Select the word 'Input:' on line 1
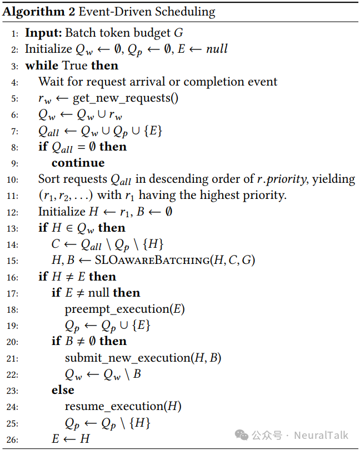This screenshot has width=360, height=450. pyautogui.click(x=42, y=33)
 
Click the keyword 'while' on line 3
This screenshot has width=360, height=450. pyautogui.click(x=42, y=66)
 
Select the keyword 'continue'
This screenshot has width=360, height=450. pyautogui.click(x=78, y=163)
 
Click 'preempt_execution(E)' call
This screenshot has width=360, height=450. pyautogui.click(x=124, y=309)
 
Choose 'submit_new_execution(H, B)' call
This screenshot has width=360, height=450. pyautogui.click(x=143, y=358)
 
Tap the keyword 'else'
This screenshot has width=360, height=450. pyautogui.click(x=62, y=390)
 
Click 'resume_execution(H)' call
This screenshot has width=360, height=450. pyautogui.click(x=123, y=406)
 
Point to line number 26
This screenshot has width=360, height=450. pyautogui.click(x=12, y=439)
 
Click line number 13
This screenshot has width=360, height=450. pyautogui.click(x=12, y=228)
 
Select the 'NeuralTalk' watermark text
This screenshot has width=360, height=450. pyautogui.click(x=322, y=435)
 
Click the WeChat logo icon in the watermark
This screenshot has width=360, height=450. pyautogui.click(x=243, y=435)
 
